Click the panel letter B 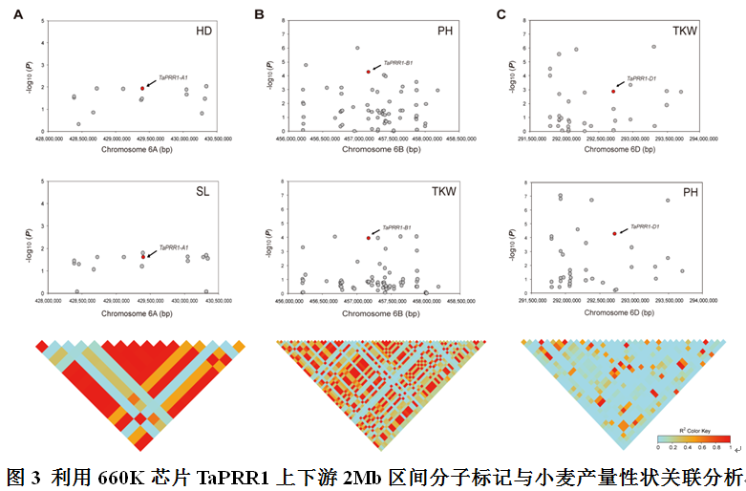click(x=259, y=14)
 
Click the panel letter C click(x=503, y=14)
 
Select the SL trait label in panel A click(x=202, y=193)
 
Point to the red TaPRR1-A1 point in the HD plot click(x=142, y=88)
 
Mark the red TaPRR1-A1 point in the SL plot click(x=143, y=256)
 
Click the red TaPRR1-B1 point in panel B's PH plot click(x=368, y=72)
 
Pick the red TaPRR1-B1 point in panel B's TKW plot click(x=368, y=238)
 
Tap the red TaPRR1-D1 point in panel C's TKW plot click(x=613, y=92)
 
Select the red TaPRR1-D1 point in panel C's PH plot click(x=614, y=233)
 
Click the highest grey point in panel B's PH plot click(x=357, y=48)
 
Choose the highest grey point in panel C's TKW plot click(x=653, y=47)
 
